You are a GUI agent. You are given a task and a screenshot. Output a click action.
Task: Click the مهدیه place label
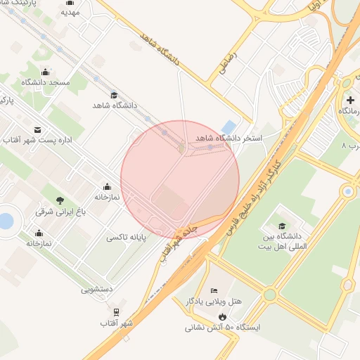coord(70,13)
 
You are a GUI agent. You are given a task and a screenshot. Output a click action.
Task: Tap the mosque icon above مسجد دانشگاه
coord(46,72)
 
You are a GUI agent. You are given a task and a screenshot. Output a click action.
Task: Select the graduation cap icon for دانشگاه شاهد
coord(114,95)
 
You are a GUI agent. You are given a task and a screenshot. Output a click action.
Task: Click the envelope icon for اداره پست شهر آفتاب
coord(37,130)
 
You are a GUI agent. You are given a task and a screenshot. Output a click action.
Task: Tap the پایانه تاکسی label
coord(127,238)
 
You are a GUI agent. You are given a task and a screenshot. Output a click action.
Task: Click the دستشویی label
coord(97,288)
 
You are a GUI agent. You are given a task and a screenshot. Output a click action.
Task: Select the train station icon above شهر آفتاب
coord(116,311)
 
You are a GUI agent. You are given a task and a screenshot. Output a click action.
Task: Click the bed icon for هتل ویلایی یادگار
coord(214,291)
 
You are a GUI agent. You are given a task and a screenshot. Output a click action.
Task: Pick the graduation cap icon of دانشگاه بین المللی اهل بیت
coord(282,226)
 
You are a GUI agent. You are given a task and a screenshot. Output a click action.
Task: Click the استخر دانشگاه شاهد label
coord(229,138)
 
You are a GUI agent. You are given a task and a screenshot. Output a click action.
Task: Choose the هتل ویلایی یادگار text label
coord(214,301)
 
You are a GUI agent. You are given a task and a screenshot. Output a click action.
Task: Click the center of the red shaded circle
coord(180,179)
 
